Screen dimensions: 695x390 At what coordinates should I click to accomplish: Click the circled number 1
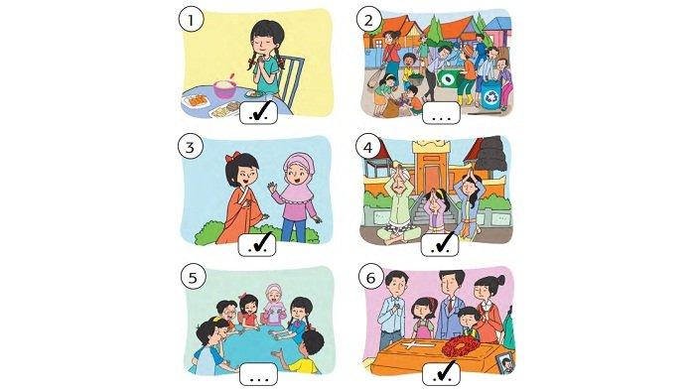191,21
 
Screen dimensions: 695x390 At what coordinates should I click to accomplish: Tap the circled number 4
368,148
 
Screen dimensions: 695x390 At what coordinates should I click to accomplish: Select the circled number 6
370,278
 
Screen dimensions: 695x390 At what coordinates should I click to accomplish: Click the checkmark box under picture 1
259,112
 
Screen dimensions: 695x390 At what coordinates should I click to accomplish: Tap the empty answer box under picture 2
442,113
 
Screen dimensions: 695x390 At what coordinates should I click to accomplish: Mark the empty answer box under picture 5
258,374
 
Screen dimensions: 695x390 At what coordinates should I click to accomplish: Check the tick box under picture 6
442,374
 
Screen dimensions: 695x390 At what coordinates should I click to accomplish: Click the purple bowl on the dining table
224,88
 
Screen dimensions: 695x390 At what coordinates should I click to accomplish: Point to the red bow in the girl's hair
232,157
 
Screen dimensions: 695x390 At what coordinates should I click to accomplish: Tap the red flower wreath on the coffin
461,346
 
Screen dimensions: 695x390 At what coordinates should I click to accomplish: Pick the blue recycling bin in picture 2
491,95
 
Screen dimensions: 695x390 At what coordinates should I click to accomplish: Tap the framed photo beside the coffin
506,363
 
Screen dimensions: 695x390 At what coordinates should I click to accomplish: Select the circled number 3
191,147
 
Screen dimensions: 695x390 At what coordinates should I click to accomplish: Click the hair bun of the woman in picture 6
499,280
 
